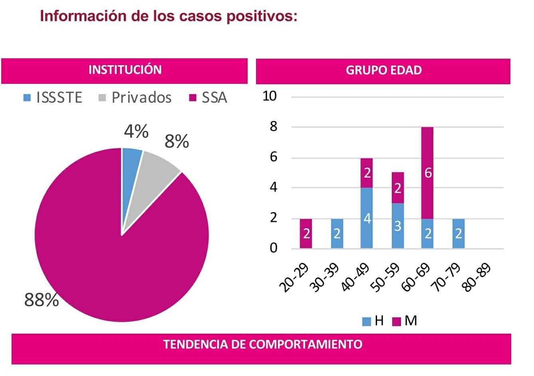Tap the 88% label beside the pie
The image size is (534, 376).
click(x=42, y=299)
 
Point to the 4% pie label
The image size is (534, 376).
click(x=136, y=131)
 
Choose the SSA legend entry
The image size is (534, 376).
click(x=208, y=98)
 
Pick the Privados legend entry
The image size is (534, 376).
click(x=136, y=98)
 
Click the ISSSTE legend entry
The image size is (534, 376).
click(x=54, y=98)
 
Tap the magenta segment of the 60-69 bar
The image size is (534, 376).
click(x=427, y=172)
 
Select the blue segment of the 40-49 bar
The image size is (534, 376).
click(x=367, y=218)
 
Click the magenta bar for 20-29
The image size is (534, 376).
click(x=306, y=234)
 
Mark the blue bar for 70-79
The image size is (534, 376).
click(x=458, y=234)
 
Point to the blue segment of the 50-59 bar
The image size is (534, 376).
click(x=397, y=226)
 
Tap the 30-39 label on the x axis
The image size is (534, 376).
click(x=326, y=277)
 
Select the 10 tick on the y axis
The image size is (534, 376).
click(x=270, y=96)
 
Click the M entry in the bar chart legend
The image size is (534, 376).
click(x=405, y=321)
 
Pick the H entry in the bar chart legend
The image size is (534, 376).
click(x=374, y=321)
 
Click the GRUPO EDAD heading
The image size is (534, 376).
click(x=383, y=71)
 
